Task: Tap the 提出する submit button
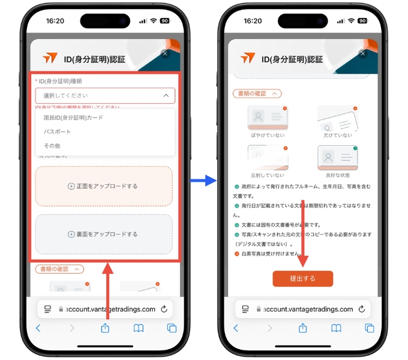(302, 278)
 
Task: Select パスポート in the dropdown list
(58, 131)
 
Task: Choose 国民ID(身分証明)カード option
(73, 118)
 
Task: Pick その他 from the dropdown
(52, 146)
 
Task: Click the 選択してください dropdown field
(105, 95)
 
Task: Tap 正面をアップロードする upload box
(104, 186)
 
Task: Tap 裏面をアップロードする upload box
(104, 234)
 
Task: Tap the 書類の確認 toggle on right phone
(257, 94)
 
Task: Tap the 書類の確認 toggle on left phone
(59, 269)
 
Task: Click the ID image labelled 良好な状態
(337, 158)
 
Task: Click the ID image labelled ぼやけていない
(268, 119)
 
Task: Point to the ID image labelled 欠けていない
(337, 119)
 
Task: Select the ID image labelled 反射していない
(268, 158)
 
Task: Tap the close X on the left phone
(166, 53)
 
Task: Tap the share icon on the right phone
(303, 328)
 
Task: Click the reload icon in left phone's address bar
(164, 309)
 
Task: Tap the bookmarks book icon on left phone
(139, 328)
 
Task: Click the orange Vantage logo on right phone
(247, 58)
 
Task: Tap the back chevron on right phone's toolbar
(236, 328)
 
